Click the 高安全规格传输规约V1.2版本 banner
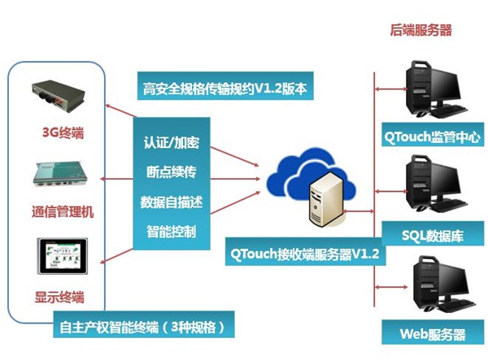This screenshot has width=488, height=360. point(224,88)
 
